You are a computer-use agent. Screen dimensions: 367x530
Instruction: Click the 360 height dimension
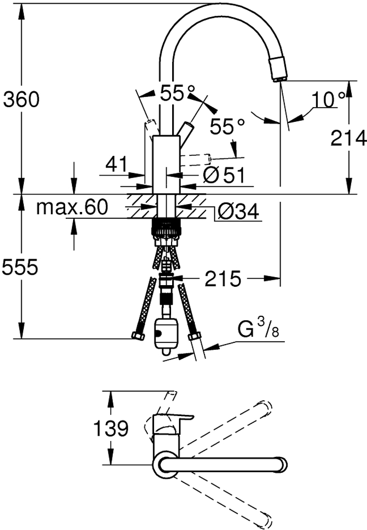pos(21,100)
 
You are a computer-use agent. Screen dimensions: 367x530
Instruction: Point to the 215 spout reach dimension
pos(223,279)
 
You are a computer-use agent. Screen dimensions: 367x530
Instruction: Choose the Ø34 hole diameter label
pos(238,212)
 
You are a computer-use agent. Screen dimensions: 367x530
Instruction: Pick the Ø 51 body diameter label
pos(224,175)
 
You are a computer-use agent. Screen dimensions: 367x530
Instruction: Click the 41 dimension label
pos(117,164)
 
